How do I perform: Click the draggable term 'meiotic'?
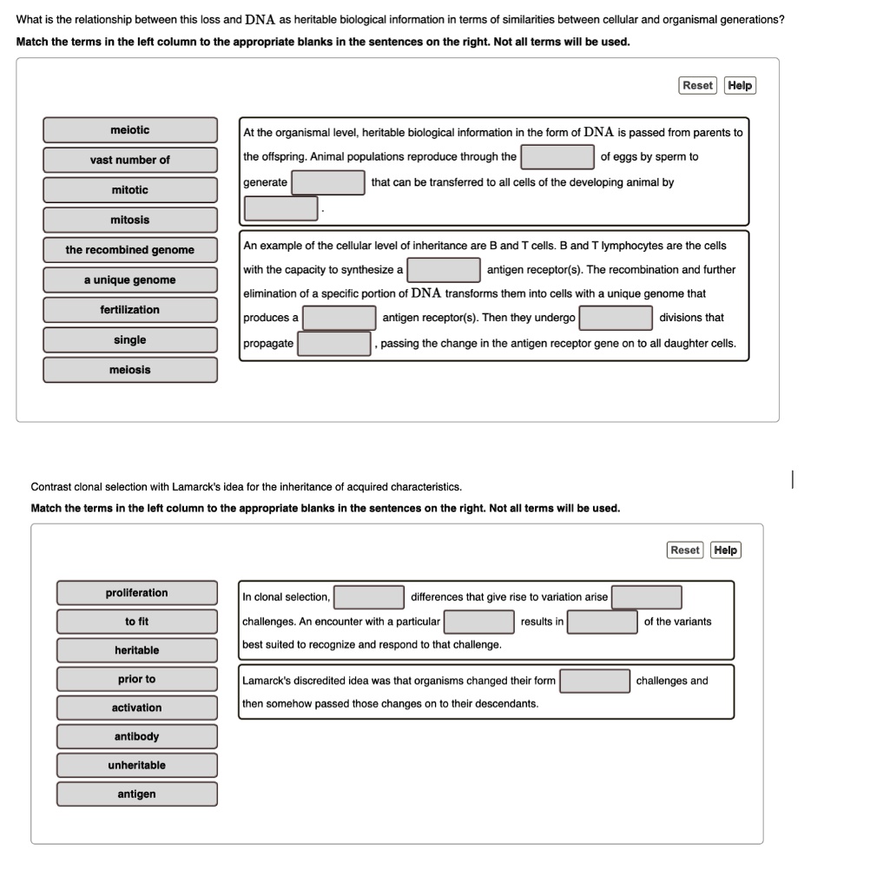(x=130, y=130)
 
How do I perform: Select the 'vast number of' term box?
(x=130, y=160)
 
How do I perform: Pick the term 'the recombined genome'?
(x=130, y=250)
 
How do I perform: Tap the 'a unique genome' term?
(x=130, y=280)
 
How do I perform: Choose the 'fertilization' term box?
(x=130, y=310)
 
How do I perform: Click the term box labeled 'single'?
(x=130, y=339)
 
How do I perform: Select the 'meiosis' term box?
(x=130, y=370)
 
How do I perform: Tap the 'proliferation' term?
(x=137, y=593)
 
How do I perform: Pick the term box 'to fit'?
(x=137, y=622)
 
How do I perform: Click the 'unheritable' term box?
(x=137, y=765)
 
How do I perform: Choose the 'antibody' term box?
(x=137, y=736)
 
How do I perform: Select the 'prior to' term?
(x=137, y=679)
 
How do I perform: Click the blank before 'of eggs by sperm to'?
(x=557, y=157)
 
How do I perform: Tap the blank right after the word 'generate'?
(x=328, y=182)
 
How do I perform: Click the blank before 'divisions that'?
(x=616, y=318)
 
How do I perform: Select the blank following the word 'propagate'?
(x=334, y=344)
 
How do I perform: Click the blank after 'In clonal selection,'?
(x=369, y=597)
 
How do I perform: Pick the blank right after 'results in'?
(x=603, y=622)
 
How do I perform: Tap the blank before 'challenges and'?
(x=595, y=681)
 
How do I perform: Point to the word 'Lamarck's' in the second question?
(x=197, y=486)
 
